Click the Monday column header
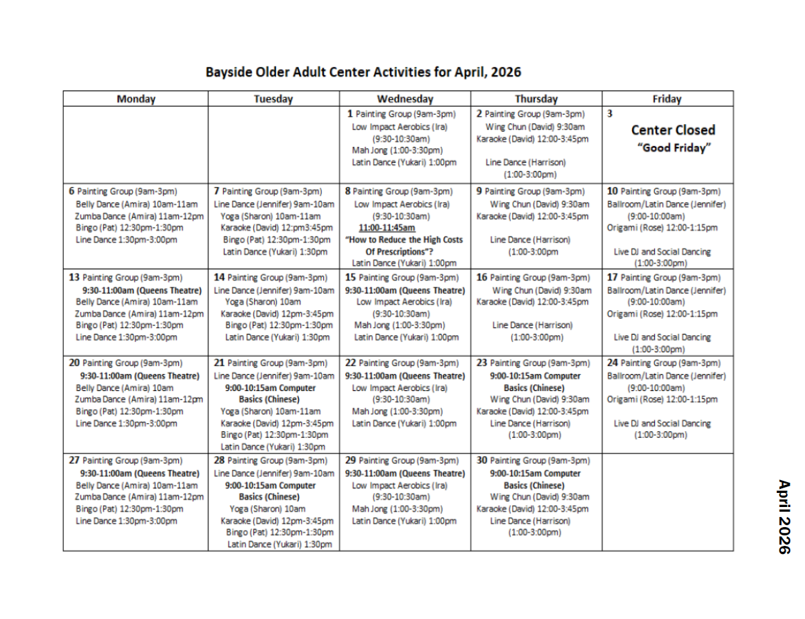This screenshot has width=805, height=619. tap(135, 99)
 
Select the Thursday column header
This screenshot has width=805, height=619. tap(536, 99)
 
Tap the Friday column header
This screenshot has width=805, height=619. tap(667, 99)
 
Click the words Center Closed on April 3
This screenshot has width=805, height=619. tap(673, 130)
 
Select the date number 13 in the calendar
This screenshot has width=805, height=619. tap(74, 277)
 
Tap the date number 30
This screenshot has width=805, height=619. tap(482, 461)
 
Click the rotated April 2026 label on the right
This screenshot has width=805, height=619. tap(784, 516)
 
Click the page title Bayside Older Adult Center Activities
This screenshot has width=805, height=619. tap(363, 72)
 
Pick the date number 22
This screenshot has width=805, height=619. tap(351, 363)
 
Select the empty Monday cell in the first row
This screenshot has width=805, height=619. tap(135, 144)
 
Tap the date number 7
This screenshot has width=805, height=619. tap(216, 190)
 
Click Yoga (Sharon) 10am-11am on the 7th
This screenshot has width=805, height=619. tap(271, 215)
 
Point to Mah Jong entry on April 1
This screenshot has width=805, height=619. tap(397, 150)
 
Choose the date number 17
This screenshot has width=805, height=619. tap(613, 277)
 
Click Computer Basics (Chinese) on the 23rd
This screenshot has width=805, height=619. tap(534, 382)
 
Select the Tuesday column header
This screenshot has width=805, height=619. tap(273, 99)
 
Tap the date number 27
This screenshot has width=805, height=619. tap(74, 461)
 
